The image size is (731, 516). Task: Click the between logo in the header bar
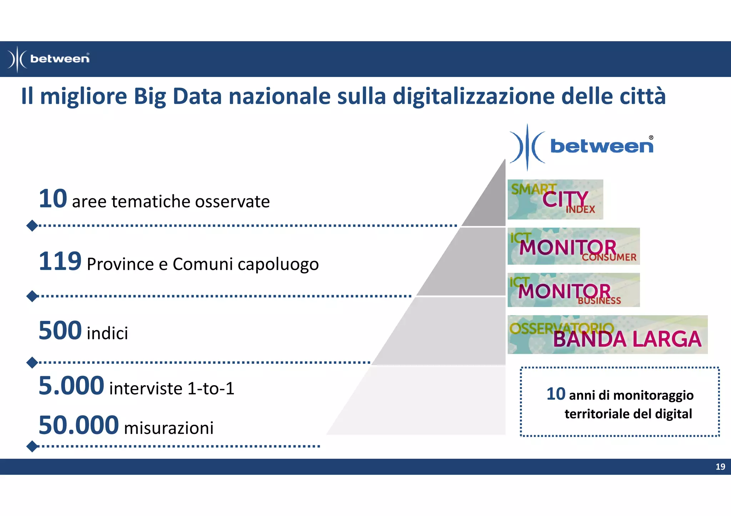pyautogui.click(x=49, y=59)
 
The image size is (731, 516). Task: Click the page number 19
pyautogui.click(x=720, y=466)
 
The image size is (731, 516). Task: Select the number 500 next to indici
pyautogui.click(x=60, y=331)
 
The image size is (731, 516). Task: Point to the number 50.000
pyautogui.click(x=78, y=425)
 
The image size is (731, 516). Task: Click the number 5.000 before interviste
pyautogui.click(x=71, y=386)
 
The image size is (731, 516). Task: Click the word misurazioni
pyautogui.click(x=168, y=428)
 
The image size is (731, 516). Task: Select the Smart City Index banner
pyautogui.click(x=555, y=199)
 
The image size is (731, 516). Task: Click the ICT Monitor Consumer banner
pyautogui.click(x=573, y=246)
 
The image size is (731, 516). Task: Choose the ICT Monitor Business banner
pyautogui.click(x=573, y=290)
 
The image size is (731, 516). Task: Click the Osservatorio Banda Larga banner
pyautogui.click(x=607, y=334)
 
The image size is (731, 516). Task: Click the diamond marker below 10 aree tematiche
pyautogui.click(x=32, y=225)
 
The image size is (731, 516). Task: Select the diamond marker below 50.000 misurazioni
pyautogui.click(x=32, y=446)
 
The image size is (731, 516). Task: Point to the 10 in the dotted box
pyautogui.click(x=555, y=394)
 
